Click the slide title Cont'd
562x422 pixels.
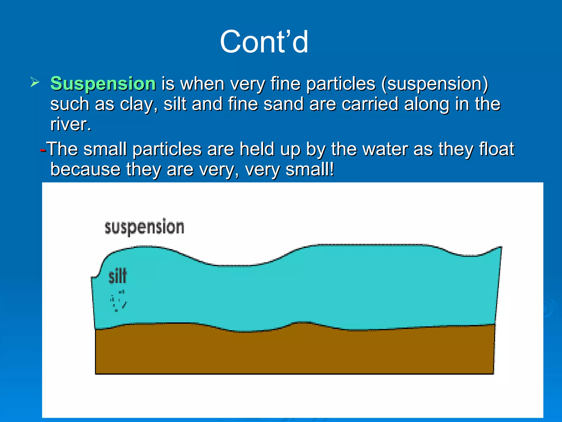(264, 42)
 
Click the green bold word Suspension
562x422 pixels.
(103, 84)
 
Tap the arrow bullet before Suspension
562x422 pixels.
(35, 82)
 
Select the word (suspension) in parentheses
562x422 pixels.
(435, 84)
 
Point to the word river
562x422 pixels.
(70, 124)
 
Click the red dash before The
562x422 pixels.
(43, 150)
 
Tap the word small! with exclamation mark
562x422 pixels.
(310, 169)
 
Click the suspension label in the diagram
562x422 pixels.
(144, 227)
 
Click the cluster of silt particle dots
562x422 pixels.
(118, 301)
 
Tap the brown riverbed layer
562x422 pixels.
(294, 352)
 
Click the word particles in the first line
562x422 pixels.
(340, 84)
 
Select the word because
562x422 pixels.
(85, 169)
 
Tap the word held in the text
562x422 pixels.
(257, 149)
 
